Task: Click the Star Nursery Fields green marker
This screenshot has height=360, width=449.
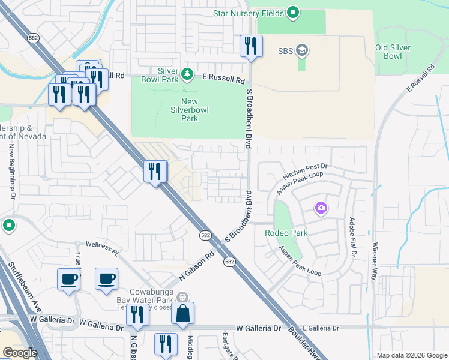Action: click(293, 12)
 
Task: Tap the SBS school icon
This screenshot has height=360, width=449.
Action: click(302, 50)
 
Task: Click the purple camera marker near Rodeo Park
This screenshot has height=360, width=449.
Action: click(321, 208)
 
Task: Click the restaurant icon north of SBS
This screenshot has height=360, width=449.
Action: click(250, 46)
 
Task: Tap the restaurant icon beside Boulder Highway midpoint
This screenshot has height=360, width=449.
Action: click(155, 172)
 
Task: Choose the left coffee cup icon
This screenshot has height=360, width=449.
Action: click(69, 279)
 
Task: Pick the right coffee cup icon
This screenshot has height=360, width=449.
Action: click(106, 279)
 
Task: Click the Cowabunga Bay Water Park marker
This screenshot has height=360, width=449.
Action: click(183, 296)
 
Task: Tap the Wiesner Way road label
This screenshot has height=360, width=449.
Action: click(374, 260)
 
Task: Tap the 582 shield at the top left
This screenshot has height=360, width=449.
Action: click(32, 38)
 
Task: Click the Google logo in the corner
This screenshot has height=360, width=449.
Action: click(20, 353)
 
